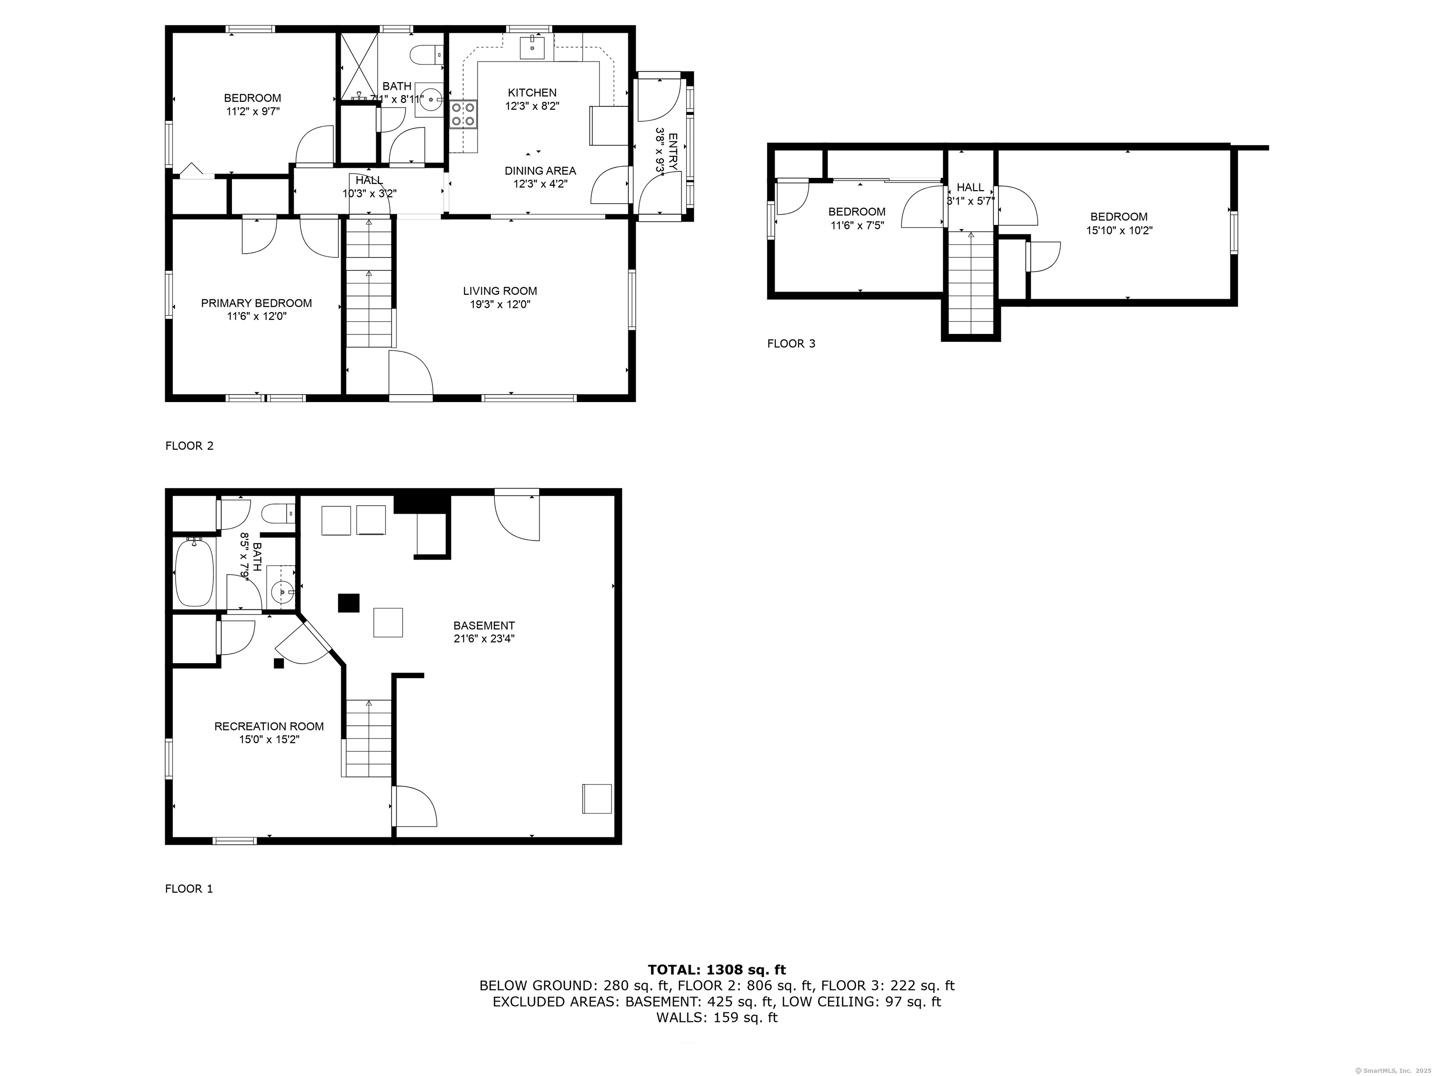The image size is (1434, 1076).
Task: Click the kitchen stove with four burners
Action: (464, 115)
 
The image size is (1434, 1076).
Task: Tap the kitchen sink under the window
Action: (533, 47)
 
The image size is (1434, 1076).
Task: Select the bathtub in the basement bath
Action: (194, 572)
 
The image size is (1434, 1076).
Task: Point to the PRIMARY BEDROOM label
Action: (256, 303)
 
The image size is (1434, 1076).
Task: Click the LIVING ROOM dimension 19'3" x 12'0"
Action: (500, 304)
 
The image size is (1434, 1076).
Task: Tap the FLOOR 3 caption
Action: (791, 344)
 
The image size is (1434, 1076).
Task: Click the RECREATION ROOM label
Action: (269, 726)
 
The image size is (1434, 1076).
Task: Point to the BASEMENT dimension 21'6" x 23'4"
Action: (484, 638)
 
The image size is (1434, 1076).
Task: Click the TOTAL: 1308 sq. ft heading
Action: (717, 970)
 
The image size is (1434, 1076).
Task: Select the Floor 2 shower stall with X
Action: (359, 65)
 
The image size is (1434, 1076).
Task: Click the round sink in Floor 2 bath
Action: (430, 100)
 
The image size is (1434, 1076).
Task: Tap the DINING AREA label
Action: (540, 170)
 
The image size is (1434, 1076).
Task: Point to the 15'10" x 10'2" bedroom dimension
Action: (1119, 230)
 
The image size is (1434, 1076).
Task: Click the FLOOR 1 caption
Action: (189, 889)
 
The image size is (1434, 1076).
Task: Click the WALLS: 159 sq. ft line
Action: (717, 1018)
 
